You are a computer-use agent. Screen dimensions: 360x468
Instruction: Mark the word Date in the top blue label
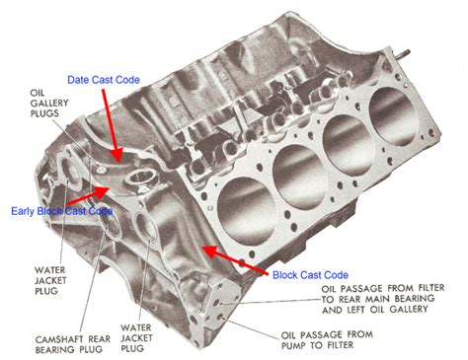79,79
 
